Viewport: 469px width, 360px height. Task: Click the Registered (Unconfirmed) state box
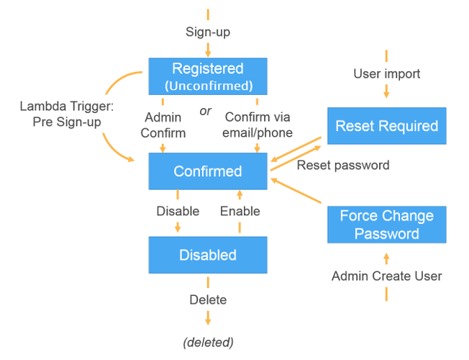click(207, 76)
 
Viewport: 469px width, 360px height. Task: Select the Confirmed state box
click(207, 171)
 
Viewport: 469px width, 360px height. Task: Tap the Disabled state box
click(207, 255)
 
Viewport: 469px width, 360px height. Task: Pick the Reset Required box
click(386, 126)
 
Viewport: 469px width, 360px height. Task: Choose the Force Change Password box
click(386, 225)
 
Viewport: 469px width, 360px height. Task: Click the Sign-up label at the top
click(208, 32)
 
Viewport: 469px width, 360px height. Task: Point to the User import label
click(386, 73)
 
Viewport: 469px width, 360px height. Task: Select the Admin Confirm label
click(163, 125)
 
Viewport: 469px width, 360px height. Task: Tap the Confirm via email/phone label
click(258, 125)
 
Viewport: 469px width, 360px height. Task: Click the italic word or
click(206, 112)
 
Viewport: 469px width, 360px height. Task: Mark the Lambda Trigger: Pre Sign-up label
click(62, 114)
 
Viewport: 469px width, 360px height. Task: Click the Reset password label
click(343, 165)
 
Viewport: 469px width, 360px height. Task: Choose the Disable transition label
click(178, 211)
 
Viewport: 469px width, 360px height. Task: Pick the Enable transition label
click(240, 211)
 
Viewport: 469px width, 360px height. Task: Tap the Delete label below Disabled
click(208, 300)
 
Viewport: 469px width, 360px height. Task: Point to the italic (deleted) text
click(208, 341)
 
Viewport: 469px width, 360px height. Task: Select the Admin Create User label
click(386, 276)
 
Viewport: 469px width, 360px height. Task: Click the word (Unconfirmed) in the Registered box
click(208, 85)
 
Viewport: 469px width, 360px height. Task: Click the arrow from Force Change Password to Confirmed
click(298, 192)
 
